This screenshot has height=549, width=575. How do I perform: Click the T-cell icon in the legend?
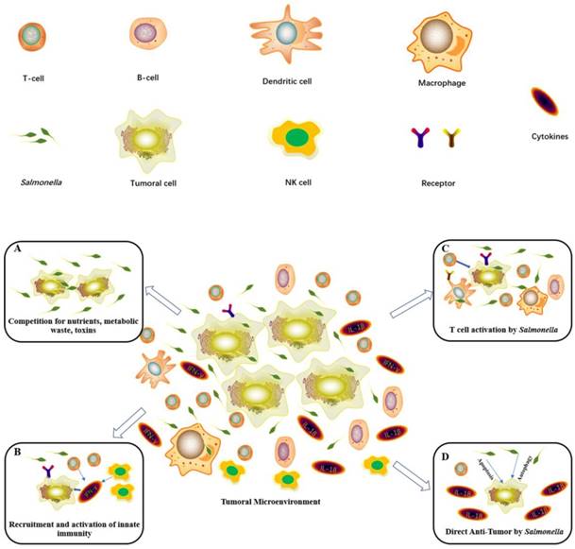click(32, 37)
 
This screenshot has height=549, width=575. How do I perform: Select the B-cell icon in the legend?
click(145, 34)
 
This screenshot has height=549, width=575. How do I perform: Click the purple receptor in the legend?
click(422, 140)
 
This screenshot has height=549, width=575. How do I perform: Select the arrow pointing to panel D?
click(413, 472)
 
